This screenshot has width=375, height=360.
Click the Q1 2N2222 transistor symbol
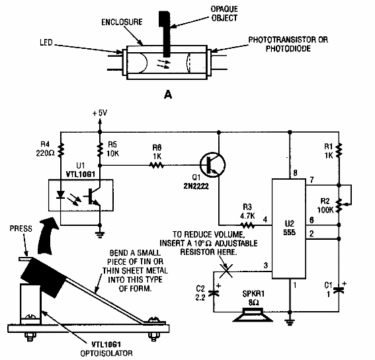212,165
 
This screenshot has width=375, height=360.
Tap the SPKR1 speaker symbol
253,315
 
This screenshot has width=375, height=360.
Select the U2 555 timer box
289,229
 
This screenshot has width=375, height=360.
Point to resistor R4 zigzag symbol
61,149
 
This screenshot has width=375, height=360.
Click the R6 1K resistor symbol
157,165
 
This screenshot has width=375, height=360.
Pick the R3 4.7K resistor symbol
247,225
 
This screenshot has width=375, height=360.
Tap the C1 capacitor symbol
339,289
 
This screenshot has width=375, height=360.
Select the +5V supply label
101,113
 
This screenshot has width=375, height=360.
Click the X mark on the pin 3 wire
226,271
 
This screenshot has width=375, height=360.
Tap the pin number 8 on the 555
295,172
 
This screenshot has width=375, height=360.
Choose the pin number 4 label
265,219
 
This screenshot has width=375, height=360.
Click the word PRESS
21,229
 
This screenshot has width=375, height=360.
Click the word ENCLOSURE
122,22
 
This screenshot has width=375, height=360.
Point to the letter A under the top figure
168,95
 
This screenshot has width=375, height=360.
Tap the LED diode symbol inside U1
61,194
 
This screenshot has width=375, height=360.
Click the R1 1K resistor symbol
339,150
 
